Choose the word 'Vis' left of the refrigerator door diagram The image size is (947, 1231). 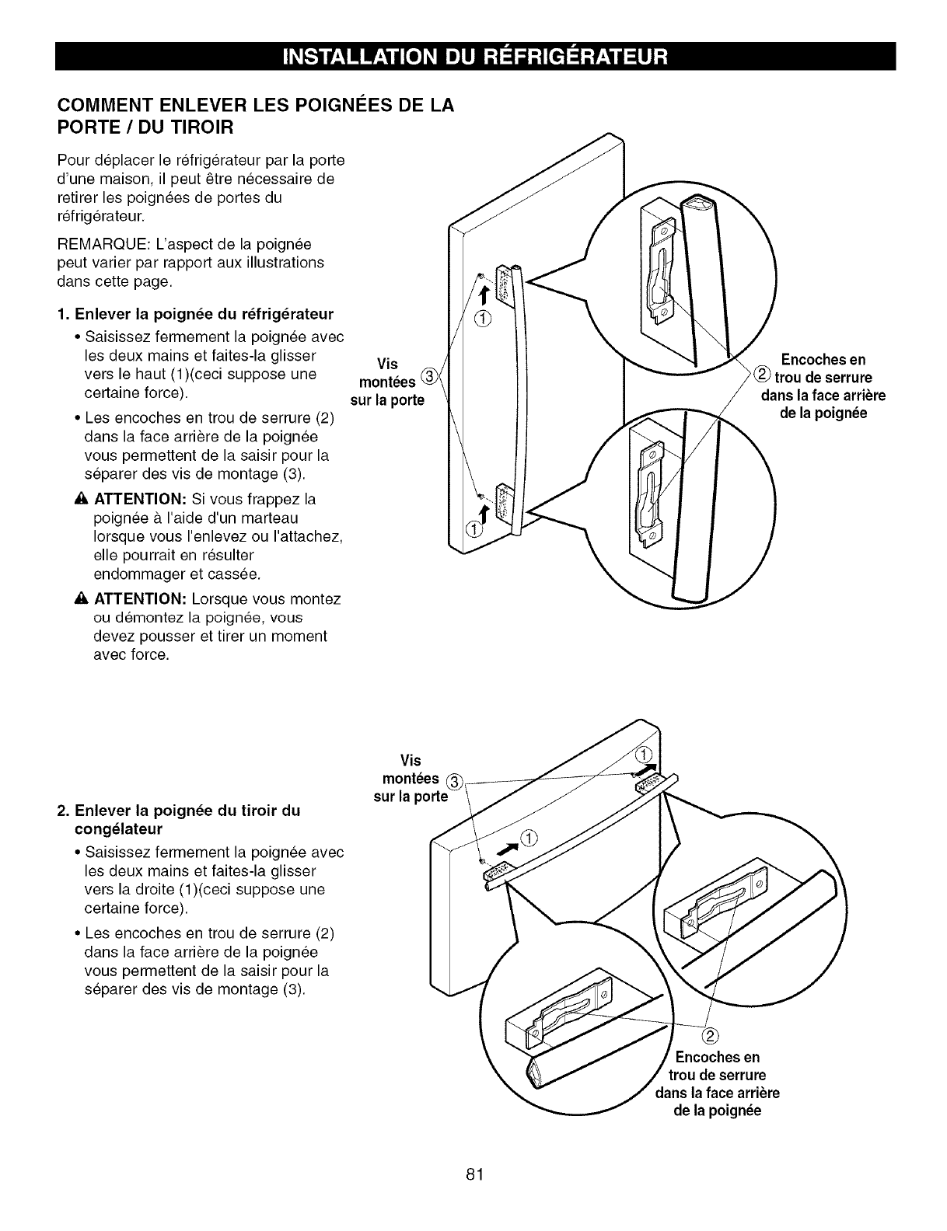click(x=387, y=364)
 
